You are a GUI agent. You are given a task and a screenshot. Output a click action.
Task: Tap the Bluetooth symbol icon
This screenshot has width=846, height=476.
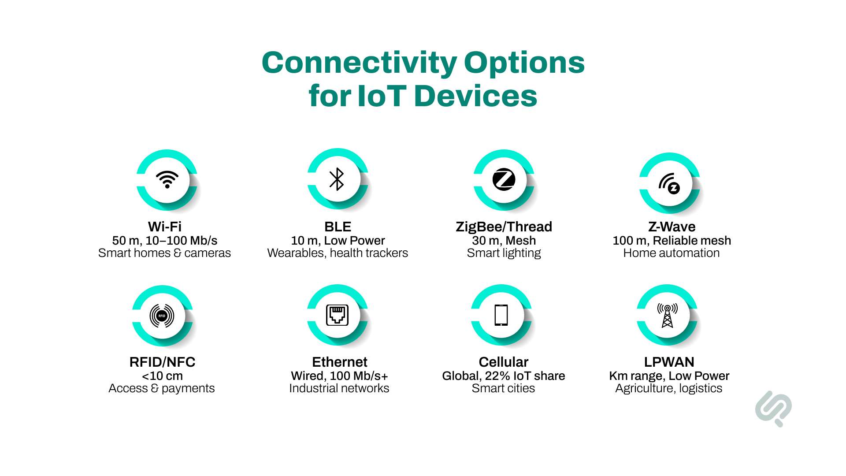pyautogui.click(x=337, y=179)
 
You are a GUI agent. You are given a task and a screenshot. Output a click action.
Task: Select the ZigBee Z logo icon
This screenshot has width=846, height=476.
pyautogui.click(x=504, y=179)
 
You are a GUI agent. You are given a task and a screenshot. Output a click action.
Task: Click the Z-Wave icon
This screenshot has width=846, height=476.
pyautogui.click(x=669, y=183)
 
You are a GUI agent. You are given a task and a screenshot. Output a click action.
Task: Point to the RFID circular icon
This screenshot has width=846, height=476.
pyautogui.click(x=162, y=316)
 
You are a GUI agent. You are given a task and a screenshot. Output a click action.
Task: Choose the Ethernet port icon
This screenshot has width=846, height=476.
pyautogui.click(x=338, y=315)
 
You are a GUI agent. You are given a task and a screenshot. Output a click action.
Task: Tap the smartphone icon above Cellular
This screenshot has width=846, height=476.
pyautogui.click(x=501, y=315)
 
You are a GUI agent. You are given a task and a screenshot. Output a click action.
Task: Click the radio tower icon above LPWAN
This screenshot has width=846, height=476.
pyautogui.click(x=668, y=316)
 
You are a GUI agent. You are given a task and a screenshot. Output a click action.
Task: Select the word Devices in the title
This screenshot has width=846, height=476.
pyautogui.click(x=476, y=96)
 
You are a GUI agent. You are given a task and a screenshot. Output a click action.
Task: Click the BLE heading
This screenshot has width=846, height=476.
pyautogui.click(x=338, y=227)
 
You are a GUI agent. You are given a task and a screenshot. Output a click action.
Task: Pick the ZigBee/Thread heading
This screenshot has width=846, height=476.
pyautogui.click(x=504, y=227)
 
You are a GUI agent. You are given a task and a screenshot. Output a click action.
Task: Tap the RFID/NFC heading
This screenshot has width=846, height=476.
pyautogui.click(x=162, y=362)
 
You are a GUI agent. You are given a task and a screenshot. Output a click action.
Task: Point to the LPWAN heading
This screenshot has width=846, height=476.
pyautogui.click(x=669, y=362)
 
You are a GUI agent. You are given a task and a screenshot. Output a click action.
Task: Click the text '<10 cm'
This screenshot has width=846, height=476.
pyautogui.click(x=162, y=376)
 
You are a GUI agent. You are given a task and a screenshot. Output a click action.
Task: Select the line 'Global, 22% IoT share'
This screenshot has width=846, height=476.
pyautogui.click(x=503, y=376)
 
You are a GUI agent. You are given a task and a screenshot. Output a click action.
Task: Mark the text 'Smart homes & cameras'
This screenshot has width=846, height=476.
pyautogui.click(x=164, y=253)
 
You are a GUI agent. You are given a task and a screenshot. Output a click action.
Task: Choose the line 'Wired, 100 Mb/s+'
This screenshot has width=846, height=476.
pyautogui.click(x=339, y=376)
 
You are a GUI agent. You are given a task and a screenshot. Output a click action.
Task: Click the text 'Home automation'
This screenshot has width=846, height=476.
pyautogui.click(x=671, y=253)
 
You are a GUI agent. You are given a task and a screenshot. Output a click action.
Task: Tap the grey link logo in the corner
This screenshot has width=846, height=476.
pyautogui.click(x=773, y=408)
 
